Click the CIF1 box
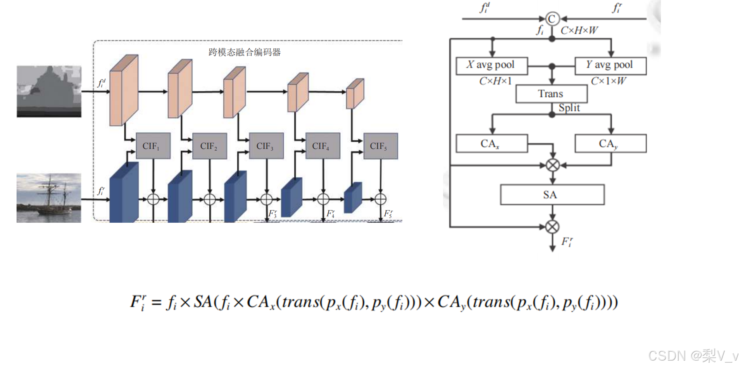pyautogui.click(x=153, y=146)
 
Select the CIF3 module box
pyautogui.click(x=266, y=146)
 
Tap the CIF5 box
pyautogui.click(x=380, y=146)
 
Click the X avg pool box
pyautogui.click(x=492, y=65)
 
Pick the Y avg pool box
pyautogui.click(x=610, y=65)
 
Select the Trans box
pyautogui.click(x=551, y=94)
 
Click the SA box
pyautogui.click(x=552, y=194)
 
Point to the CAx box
pyautogui.click(x=492, y=144)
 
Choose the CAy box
pyautogui.click(x=610, y=144)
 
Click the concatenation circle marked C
pyautogui.click(x=552, y=18)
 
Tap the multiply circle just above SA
pyautogui.click(x=552, y=165)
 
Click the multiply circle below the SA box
pyautogui.click(x=552, y=227)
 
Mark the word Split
pyautogui.click(x=569, y=108)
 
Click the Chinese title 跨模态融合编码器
pyautogui.click(x=244, y=52)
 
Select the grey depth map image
pyautogui.click(x=49, y=91)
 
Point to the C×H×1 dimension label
pyautogui.click(x=495, y=81)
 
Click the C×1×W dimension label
pyautogui.click(x=608, y=81)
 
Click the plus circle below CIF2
pyautogui.click(x=210, y=199)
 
